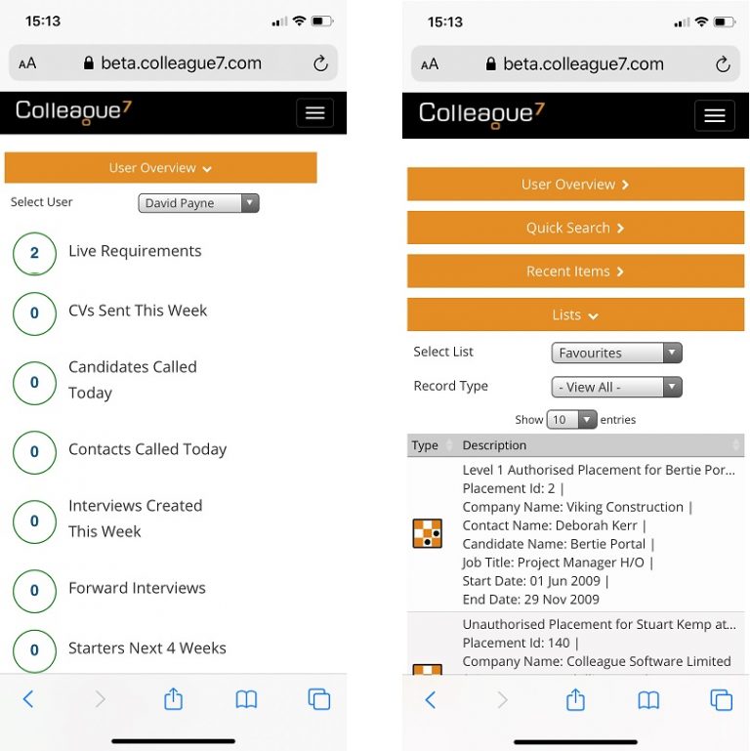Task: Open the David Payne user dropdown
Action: coord(198,203)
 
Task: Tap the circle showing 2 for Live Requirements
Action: coord(34,253)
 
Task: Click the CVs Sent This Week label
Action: coord(138,311)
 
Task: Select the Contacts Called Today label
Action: coord(147,449)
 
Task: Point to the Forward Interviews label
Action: coord(137,588)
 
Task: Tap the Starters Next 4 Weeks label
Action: coord(146,647)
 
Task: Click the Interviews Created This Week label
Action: coord(135,519)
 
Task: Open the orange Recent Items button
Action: coord(575,271)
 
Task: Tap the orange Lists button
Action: coord(575,314)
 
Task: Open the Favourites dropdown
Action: coord(616,353)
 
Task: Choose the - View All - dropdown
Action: coord(616,387)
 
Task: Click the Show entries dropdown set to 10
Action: coord(572,420)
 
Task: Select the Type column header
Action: coord(426,445)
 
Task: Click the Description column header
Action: coord(494,445)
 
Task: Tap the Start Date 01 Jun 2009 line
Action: coord(532,581)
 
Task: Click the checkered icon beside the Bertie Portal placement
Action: coord(428,533)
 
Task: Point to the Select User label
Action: coord(42,202)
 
